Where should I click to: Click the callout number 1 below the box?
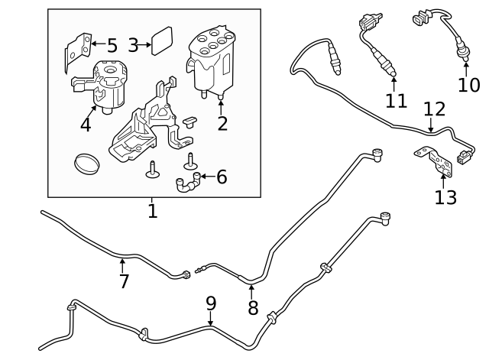[152, 210]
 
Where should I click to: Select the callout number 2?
[222, 123]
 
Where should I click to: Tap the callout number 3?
[133, 45]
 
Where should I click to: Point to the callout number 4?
[86, 125]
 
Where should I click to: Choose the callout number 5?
[112, 46]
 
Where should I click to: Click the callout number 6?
[222, 177]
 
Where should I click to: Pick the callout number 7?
[124, 281]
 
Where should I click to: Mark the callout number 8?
[253, 308]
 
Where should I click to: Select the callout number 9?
[212, 303]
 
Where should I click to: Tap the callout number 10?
[468, 85]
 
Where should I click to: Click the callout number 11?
[396, 100]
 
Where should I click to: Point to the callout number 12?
[434, 109]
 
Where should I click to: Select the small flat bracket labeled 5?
[76, 50]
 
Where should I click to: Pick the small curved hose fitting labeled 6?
[188, 184]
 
